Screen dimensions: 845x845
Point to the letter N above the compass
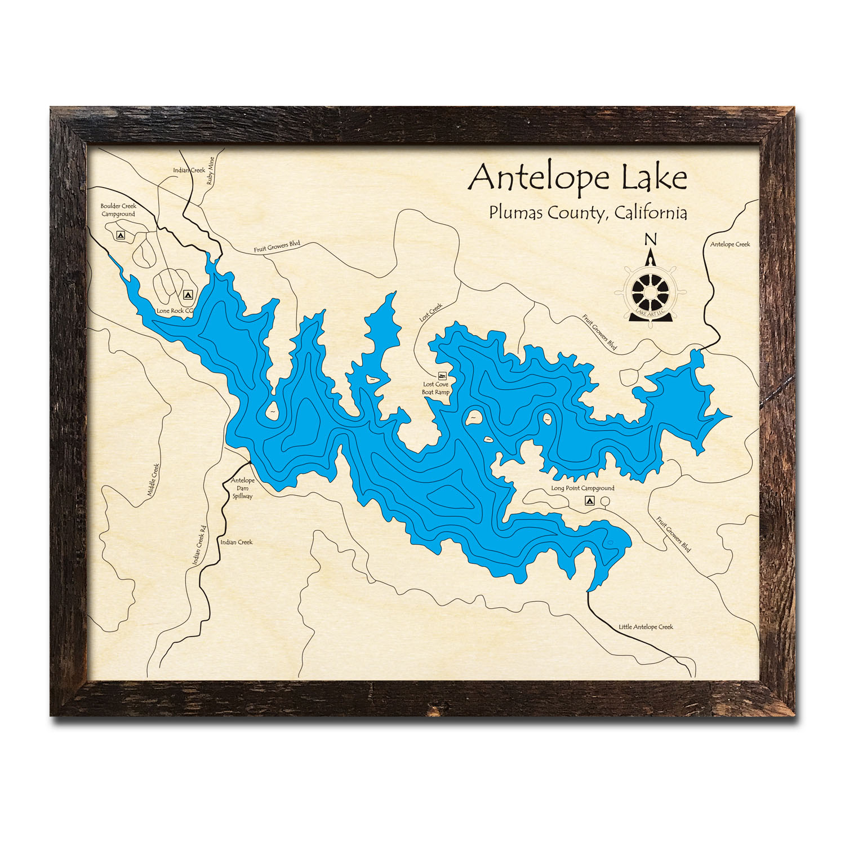(x=651, y=239)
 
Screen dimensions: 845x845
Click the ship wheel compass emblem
(x=651, y=292)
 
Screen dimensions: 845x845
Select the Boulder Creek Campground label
(x=118, y=210)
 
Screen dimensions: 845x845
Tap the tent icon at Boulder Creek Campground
(x=120, y=235)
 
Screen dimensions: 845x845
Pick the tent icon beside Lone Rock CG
(x=188, y=294)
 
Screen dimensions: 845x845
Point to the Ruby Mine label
(x=211, y=171)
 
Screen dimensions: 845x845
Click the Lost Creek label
(x=431, y=312)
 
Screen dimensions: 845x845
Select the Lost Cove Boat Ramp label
(x=435, y=388)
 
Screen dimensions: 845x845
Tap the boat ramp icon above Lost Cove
(x=442, y=375)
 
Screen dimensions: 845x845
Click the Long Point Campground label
(x=582, y=488)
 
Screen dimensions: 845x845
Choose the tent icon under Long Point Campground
(x=590, y=500)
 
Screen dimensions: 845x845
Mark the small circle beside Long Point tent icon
(x=605, y=501)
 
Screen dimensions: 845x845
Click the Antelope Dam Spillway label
(x=243, y=488)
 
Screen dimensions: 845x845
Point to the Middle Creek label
(x=153, y=480)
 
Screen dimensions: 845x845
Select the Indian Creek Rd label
(x=199, y=545)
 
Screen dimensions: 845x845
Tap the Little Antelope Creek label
(x=646, y=626)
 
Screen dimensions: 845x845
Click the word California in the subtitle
(x=651, y=213)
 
